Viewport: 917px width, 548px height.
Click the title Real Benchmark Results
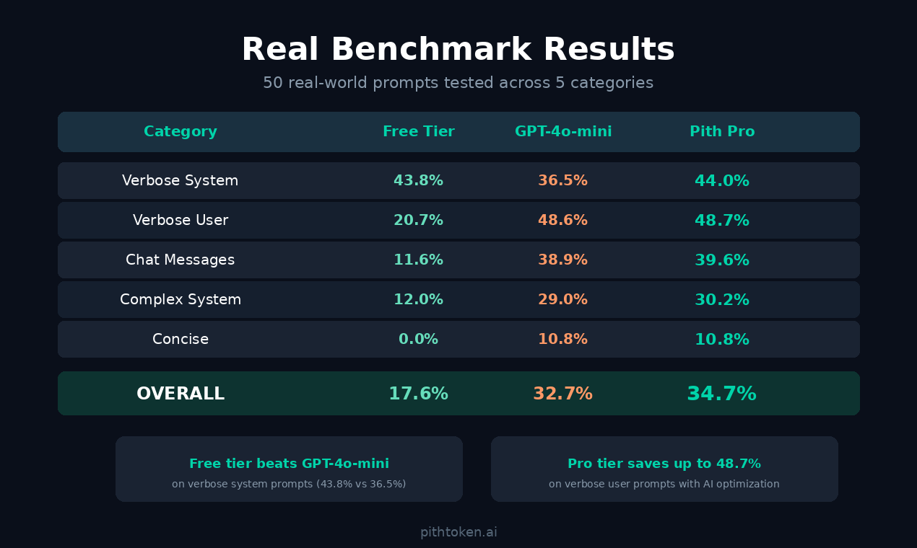458,50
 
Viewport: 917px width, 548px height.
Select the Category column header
181,132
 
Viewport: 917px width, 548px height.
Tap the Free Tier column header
418,132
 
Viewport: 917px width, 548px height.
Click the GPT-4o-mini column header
563,132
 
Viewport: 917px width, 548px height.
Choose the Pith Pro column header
722,132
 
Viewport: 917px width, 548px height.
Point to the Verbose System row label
181,181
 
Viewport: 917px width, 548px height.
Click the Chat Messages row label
181,260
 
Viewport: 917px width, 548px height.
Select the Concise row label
181,340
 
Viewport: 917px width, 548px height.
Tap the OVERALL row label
181,394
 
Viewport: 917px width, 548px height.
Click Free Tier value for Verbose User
418,221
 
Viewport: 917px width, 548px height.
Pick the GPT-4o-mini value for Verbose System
563,181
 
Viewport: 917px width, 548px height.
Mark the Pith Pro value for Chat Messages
722,260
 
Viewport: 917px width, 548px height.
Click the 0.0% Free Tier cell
418,340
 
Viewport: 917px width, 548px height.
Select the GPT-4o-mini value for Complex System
563,300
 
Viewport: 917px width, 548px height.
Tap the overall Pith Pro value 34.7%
722,394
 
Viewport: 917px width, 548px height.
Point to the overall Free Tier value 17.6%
418,394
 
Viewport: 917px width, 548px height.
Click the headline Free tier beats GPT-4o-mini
289,464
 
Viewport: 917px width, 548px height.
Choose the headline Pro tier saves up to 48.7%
664,464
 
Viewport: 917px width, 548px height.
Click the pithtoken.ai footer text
458,532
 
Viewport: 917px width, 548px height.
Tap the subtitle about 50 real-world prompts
458,83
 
